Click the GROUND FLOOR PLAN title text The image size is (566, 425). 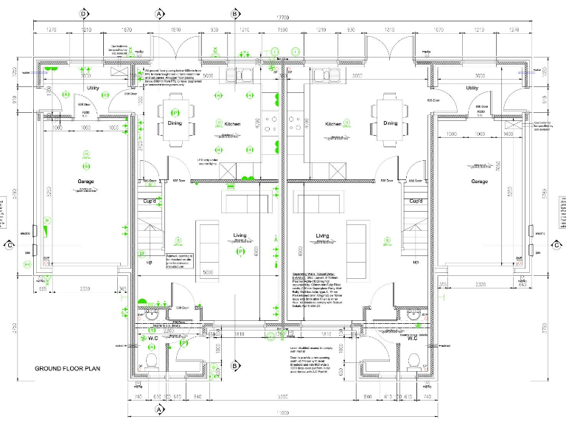68,367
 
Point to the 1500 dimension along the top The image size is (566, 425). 282,30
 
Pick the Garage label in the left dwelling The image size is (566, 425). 86,182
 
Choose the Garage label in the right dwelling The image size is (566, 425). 480,182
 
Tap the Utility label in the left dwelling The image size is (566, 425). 93,88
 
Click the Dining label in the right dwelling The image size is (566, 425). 390,123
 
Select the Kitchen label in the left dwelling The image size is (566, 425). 233,124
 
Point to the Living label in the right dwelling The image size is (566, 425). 322,236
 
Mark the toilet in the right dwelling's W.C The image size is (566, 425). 413,361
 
